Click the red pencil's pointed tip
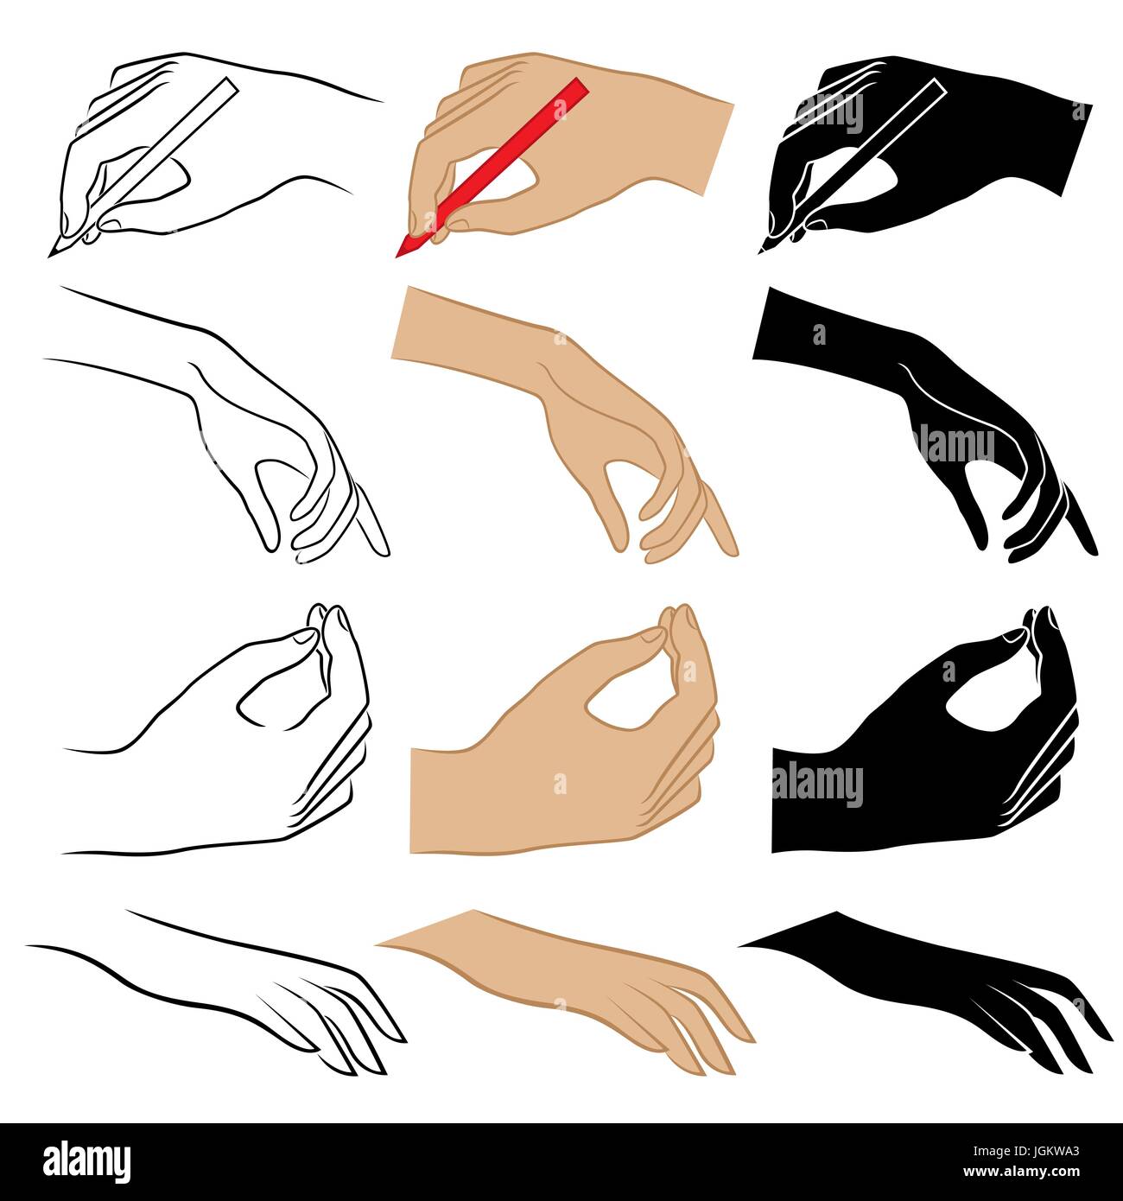coord(398,255)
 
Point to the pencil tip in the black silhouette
coord(761,252)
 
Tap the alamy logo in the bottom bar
coord(86,1160)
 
